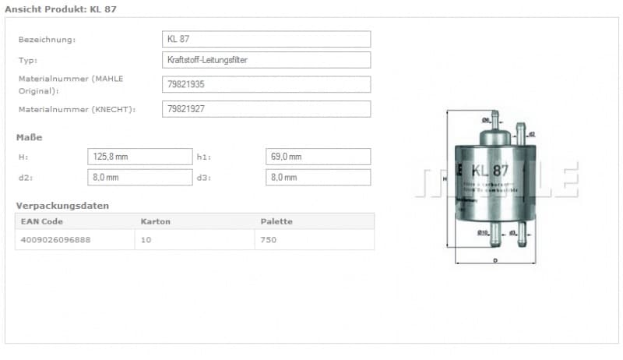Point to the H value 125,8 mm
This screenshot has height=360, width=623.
tap(139, 157)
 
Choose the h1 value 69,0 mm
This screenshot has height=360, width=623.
tap(318, 157)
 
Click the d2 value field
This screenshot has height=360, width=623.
tap(139, 178)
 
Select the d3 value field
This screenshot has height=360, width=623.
tap(318, 178)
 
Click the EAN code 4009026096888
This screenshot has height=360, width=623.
tap(55, 240)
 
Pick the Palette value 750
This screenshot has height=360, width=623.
tap(269, 240)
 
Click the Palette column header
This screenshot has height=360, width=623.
tap(276, 221)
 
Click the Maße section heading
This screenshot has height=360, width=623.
tap(30, 137)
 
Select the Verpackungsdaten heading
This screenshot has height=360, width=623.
tap(62, 206)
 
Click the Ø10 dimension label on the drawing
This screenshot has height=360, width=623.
tap(482, 232)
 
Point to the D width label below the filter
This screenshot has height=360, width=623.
tap(496, 260)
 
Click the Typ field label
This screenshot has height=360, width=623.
tap(27, 60)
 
